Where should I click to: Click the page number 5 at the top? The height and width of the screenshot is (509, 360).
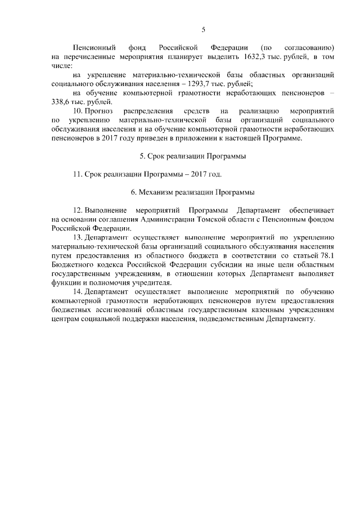[204, 30]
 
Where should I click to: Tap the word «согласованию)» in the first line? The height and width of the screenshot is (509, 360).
[308, 47]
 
